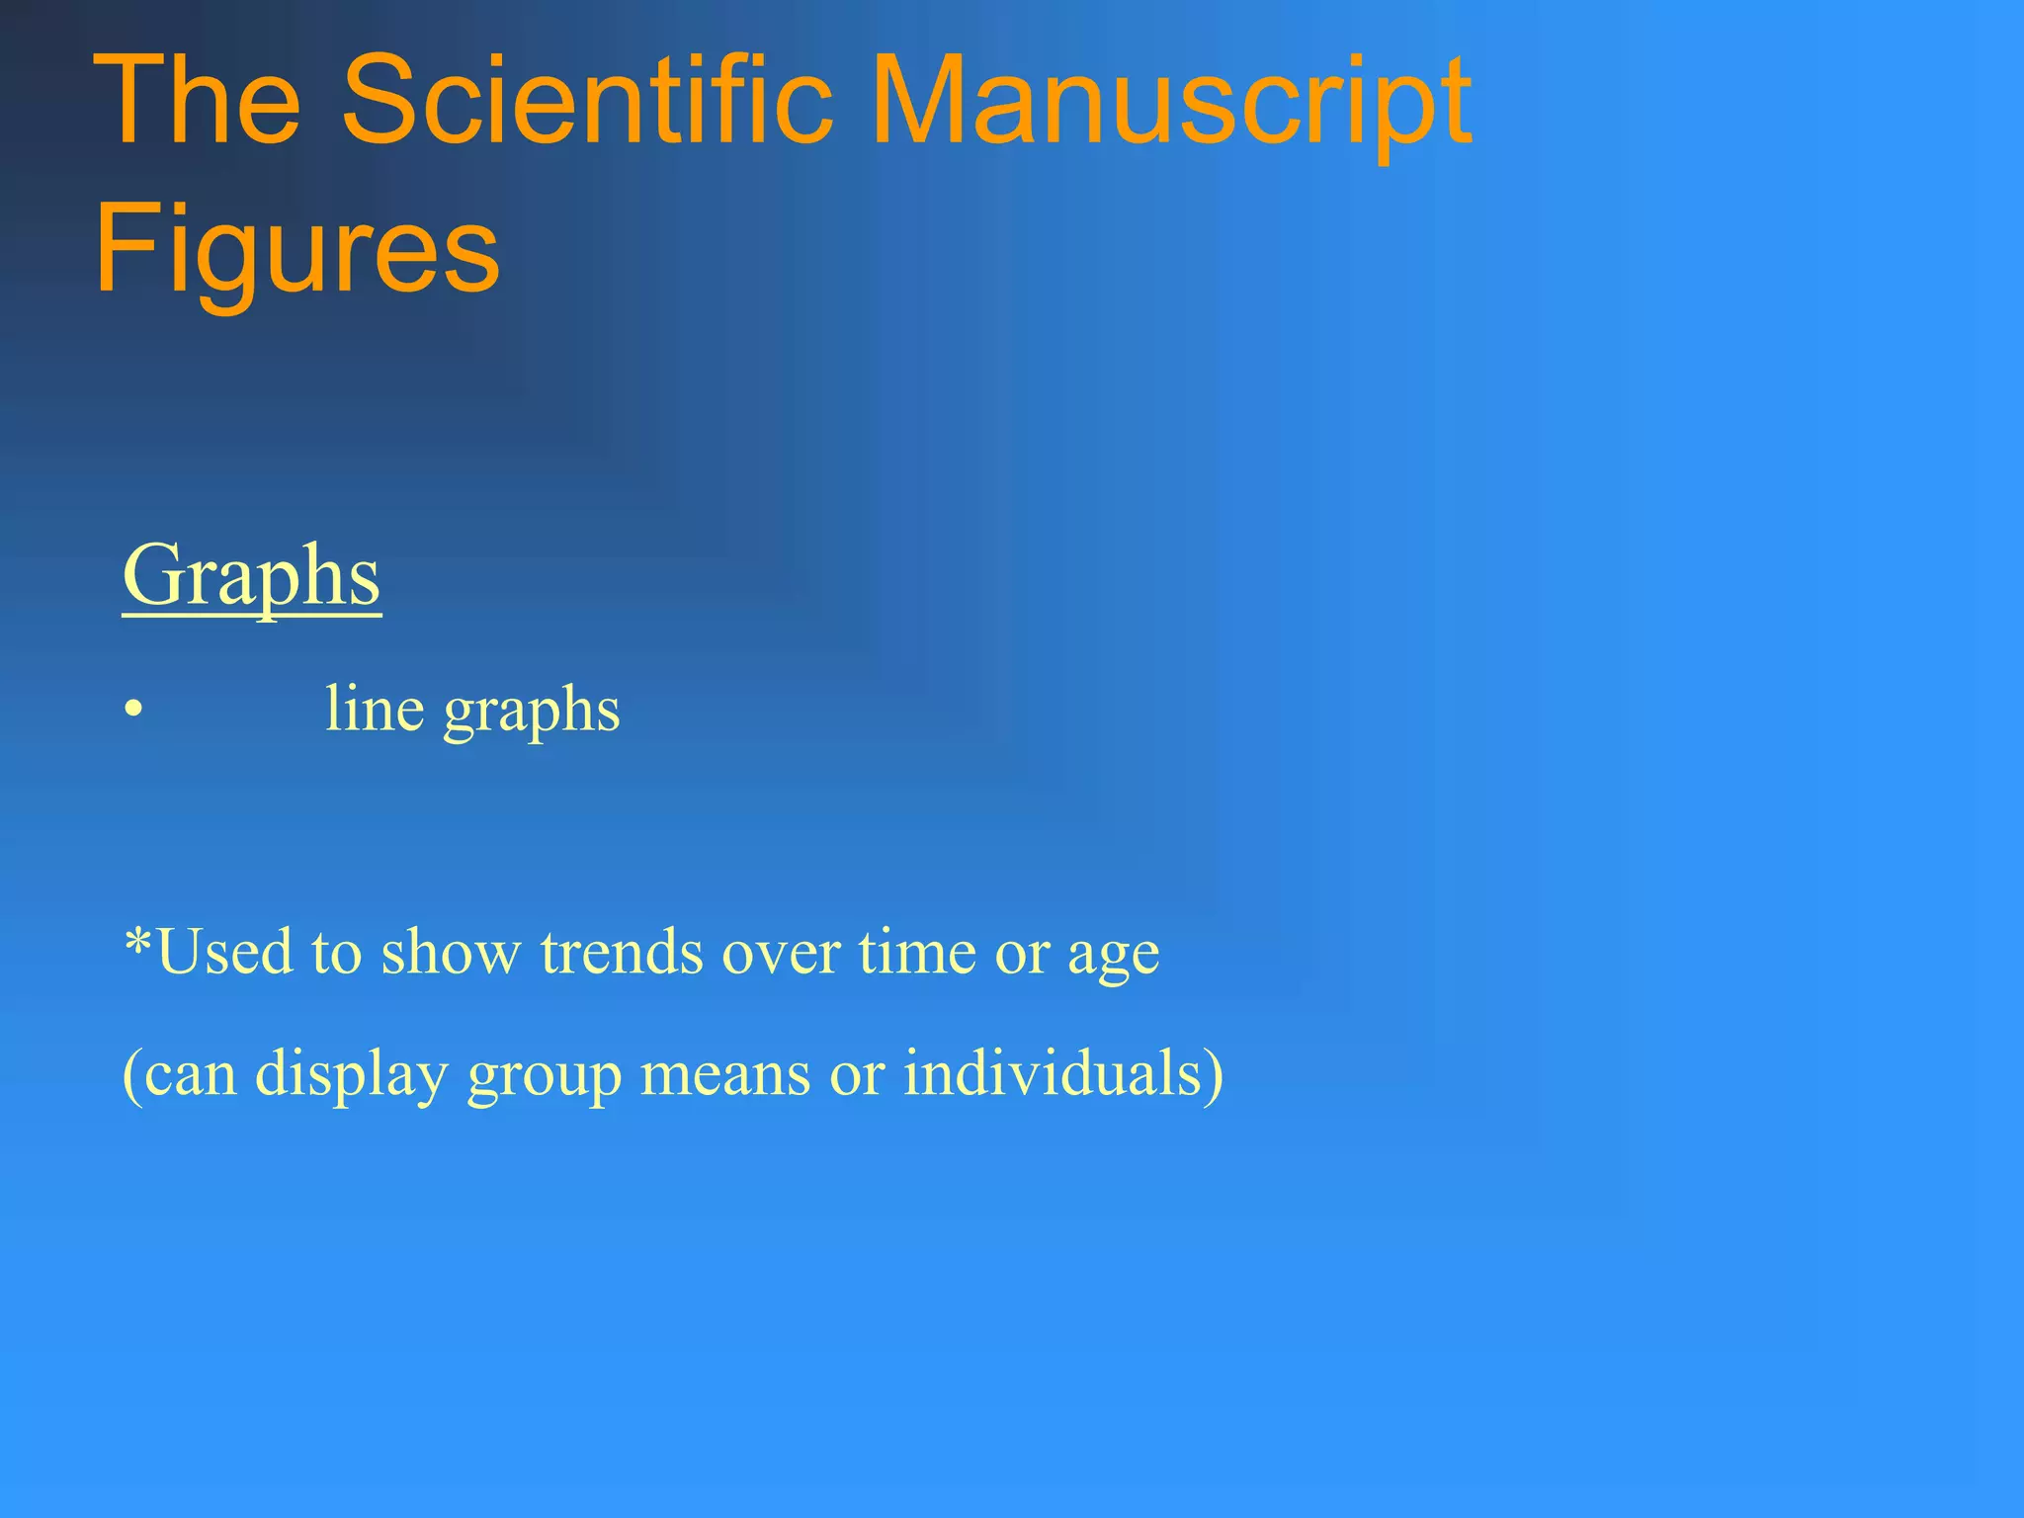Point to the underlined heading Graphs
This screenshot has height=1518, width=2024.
coord(251,578)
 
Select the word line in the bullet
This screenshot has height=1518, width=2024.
coord(375,710)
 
